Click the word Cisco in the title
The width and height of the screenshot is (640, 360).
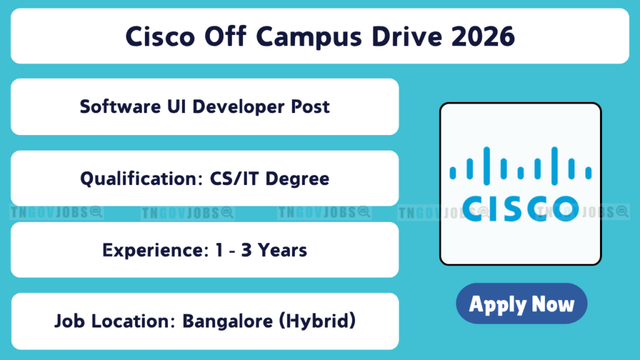coord(160,36)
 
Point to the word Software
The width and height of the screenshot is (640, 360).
coord(121,106)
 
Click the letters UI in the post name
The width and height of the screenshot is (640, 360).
coord(176,106)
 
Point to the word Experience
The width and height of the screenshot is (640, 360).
coord(156,251)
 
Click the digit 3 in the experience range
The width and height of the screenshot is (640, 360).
coord(246,250)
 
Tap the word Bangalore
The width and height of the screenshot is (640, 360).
coord(227,322)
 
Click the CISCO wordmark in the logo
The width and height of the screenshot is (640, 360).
coord(521,209)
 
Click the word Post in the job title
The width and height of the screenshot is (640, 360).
coord(310,106)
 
